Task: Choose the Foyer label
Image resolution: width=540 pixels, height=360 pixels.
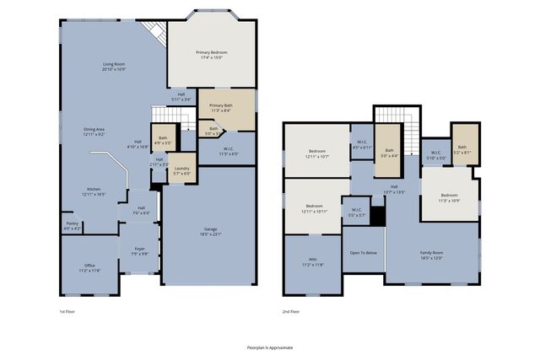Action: click(x=140, y=251)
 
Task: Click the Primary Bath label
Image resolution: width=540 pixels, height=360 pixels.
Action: click(x=221, y=108)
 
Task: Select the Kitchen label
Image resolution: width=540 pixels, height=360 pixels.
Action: click(x=94, y=191)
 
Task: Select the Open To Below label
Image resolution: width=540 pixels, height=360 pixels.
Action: click(x=364, y=252)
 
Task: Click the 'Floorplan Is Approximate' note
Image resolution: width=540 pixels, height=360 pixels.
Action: click(x=270, y=347)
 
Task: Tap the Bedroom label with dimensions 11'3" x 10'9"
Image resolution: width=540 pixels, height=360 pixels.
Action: click(x=449, y=197)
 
